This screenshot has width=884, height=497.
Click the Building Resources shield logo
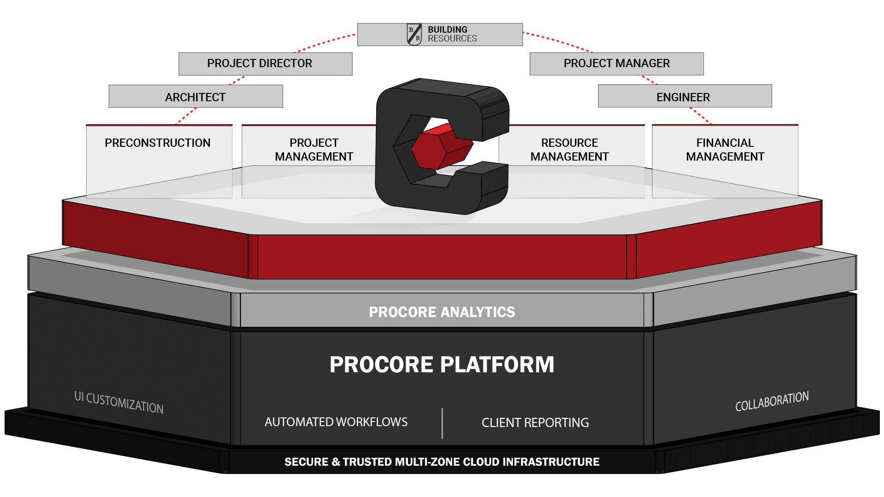414,35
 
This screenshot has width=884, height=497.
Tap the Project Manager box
616,64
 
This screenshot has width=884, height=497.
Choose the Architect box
196,97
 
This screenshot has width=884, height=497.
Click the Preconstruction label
157,143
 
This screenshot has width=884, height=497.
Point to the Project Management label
314,150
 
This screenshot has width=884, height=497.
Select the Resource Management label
570,150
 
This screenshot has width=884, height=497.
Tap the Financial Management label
725,150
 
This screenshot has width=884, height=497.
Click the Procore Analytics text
442,312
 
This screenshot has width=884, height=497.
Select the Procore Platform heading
442,364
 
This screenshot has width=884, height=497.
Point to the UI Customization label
119,403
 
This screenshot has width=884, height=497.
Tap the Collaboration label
772,401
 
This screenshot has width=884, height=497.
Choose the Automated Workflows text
336,422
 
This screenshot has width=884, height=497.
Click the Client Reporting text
535,422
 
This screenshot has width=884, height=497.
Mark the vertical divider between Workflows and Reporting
442,423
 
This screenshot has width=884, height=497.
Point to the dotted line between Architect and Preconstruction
187,116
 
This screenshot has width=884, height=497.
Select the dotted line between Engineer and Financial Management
700,116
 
